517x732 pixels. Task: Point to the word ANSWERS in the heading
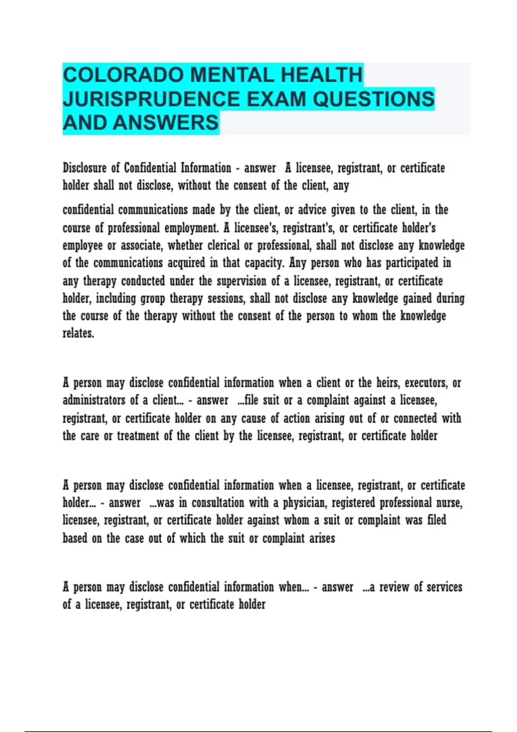[166, 123]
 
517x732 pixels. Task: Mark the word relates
[78, 333]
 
